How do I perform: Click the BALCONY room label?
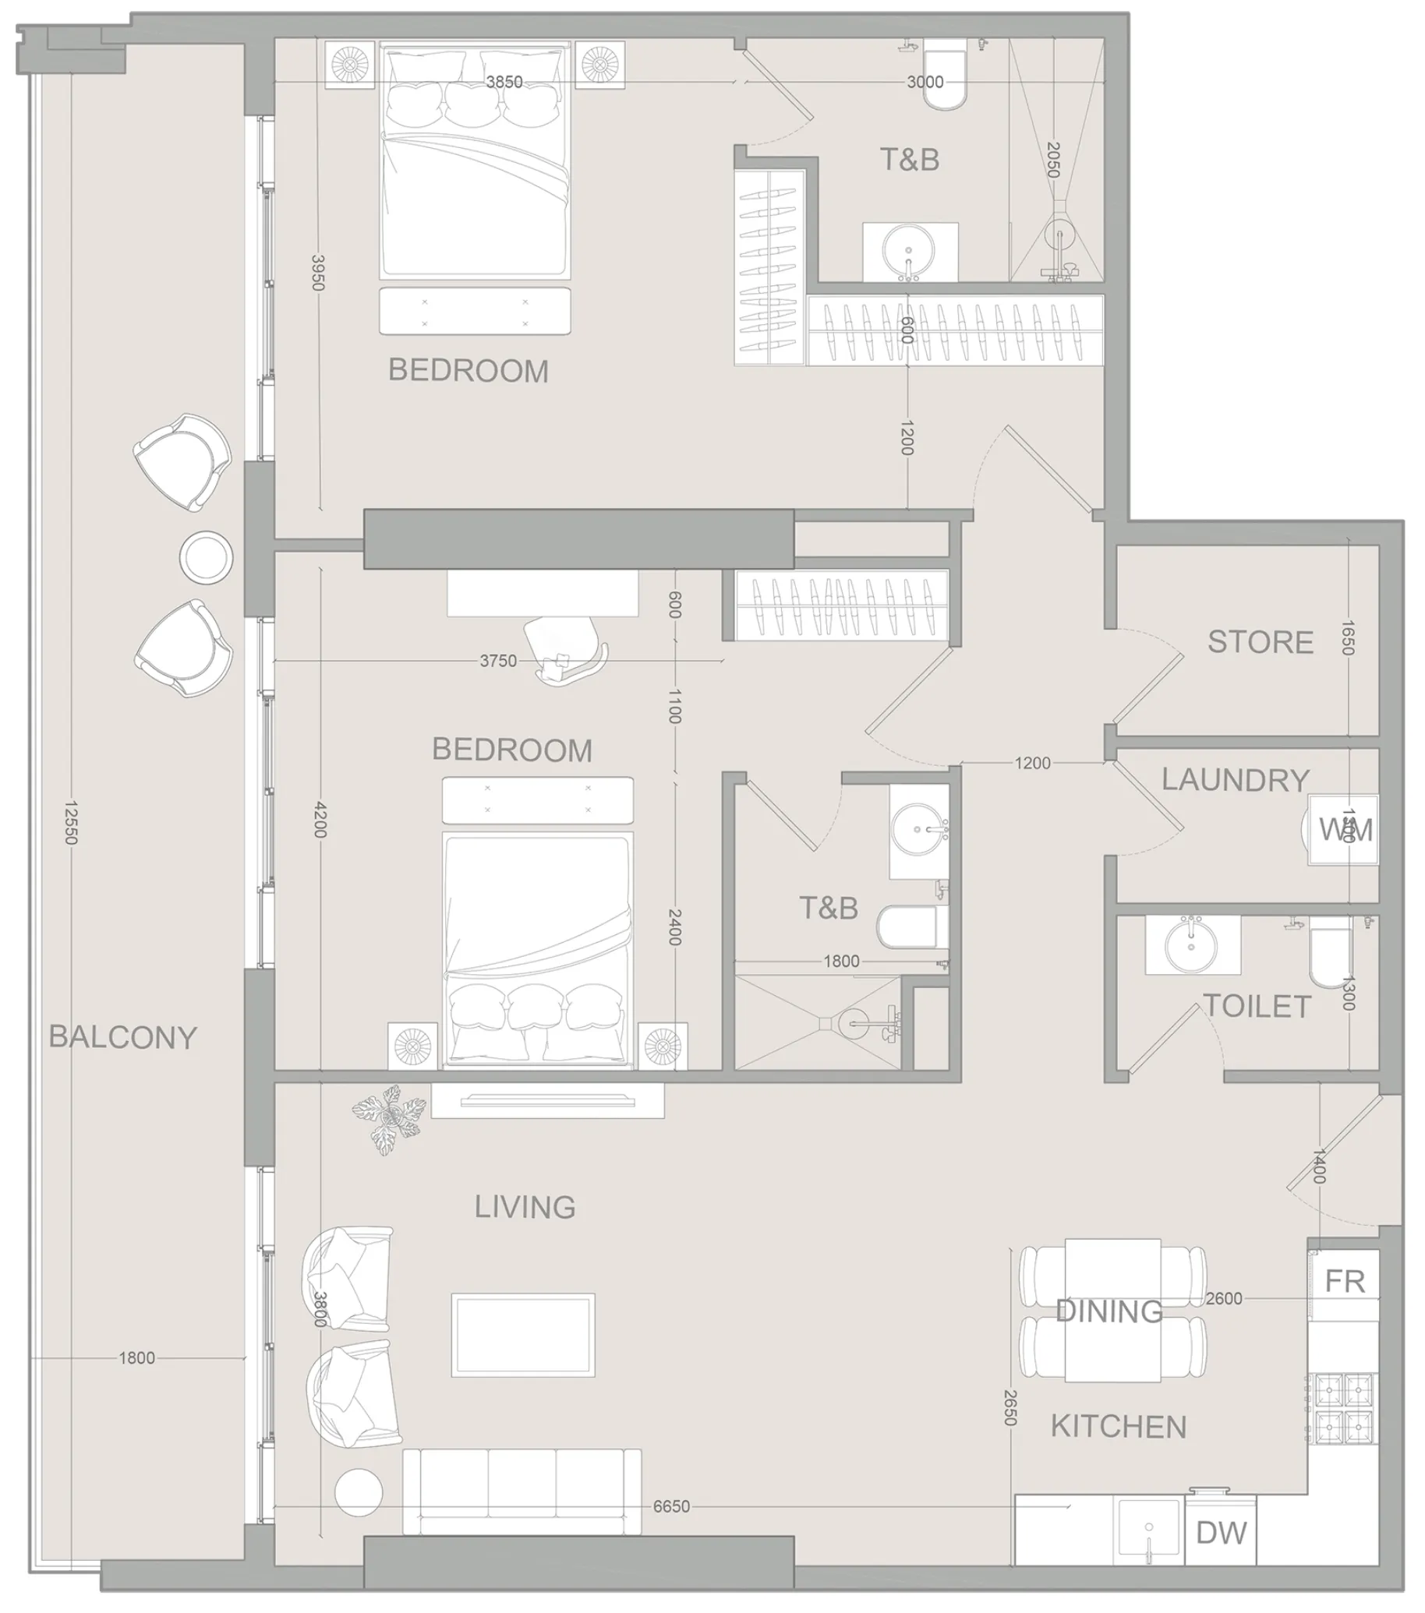123,1037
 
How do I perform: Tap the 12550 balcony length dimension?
71,822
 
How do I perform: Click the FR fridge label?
1345,1282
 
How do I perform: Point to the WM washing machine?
1344,830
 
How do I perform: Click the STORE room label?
1260,642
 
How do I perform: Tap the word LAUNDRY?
1235,780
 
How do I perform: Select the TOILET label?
1257,1007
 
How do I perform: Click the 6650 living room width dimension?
671,1506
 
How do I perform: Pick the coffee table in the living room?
522,1336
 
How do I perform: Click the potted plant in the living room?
387,1117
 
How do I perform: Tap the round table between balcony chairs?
206,557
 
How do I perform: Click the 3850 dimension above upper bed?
504,82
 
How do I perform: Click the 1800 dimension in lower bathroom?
841,961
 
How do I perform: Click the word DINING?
1109,1311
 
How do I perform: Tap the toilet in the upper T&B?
945,79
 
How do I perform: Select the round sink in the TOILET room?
1192,944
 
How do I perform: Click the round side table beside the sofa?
359,1493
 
